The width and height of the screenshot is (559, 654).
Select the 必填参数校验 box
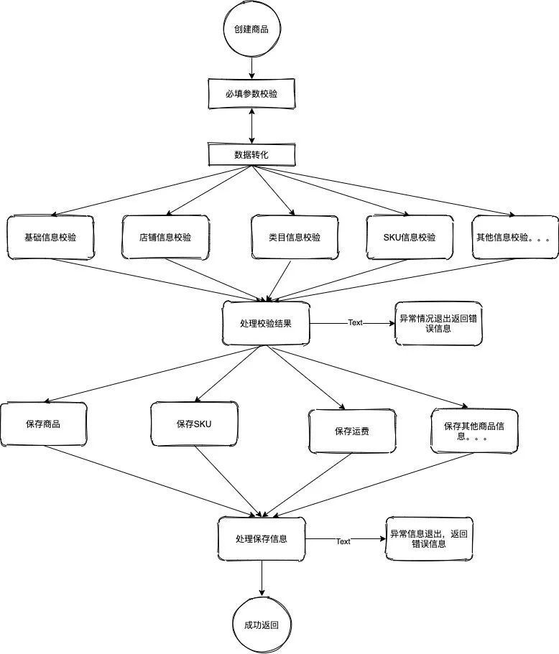(x=251, y=94)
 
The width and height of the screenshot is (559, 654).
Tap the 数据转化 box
(x=251, y=155)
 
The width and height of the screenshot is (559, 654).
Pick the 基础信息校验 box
(x=50, y=238)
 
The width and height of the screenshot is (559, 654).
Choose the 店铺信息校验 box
(x=165, y=238)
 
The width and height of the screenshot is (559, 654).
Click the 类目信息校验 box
(x=295, y=238)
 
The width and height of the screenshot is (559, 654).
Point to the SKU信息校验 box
(x=410, y=238)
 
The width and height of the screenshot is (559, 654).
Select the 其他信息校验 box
(x=515, y=238)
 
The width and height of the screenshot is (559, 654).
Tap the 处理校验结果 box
(x=266, y=323)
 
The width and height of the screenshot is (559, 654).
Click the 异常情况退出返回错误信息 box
(x=438, y=323)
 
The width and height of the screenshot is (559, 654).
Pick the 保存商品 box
(x=43, y=424)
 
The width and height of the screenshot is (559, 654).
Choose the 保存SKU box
(x=194, y=424)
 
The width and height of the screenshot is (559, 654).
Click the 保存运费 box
(x=352, y=431)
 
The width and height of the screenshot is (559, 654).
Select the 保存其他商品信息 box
(x=474, y=431)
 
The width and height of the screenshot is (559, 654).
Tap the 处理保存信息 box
(x=262, y=539)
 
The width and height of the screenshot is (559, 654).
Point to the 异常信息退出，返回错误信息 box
(x=429, y=539)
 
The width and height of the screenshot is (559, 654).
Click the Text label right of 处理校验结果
(x=355, y=322)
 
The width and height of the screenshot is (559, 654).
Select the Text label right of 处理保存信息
(x=343, y=541)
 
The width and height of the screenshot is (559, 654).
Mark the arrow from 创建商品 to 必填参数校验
(x=251, y=68)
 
